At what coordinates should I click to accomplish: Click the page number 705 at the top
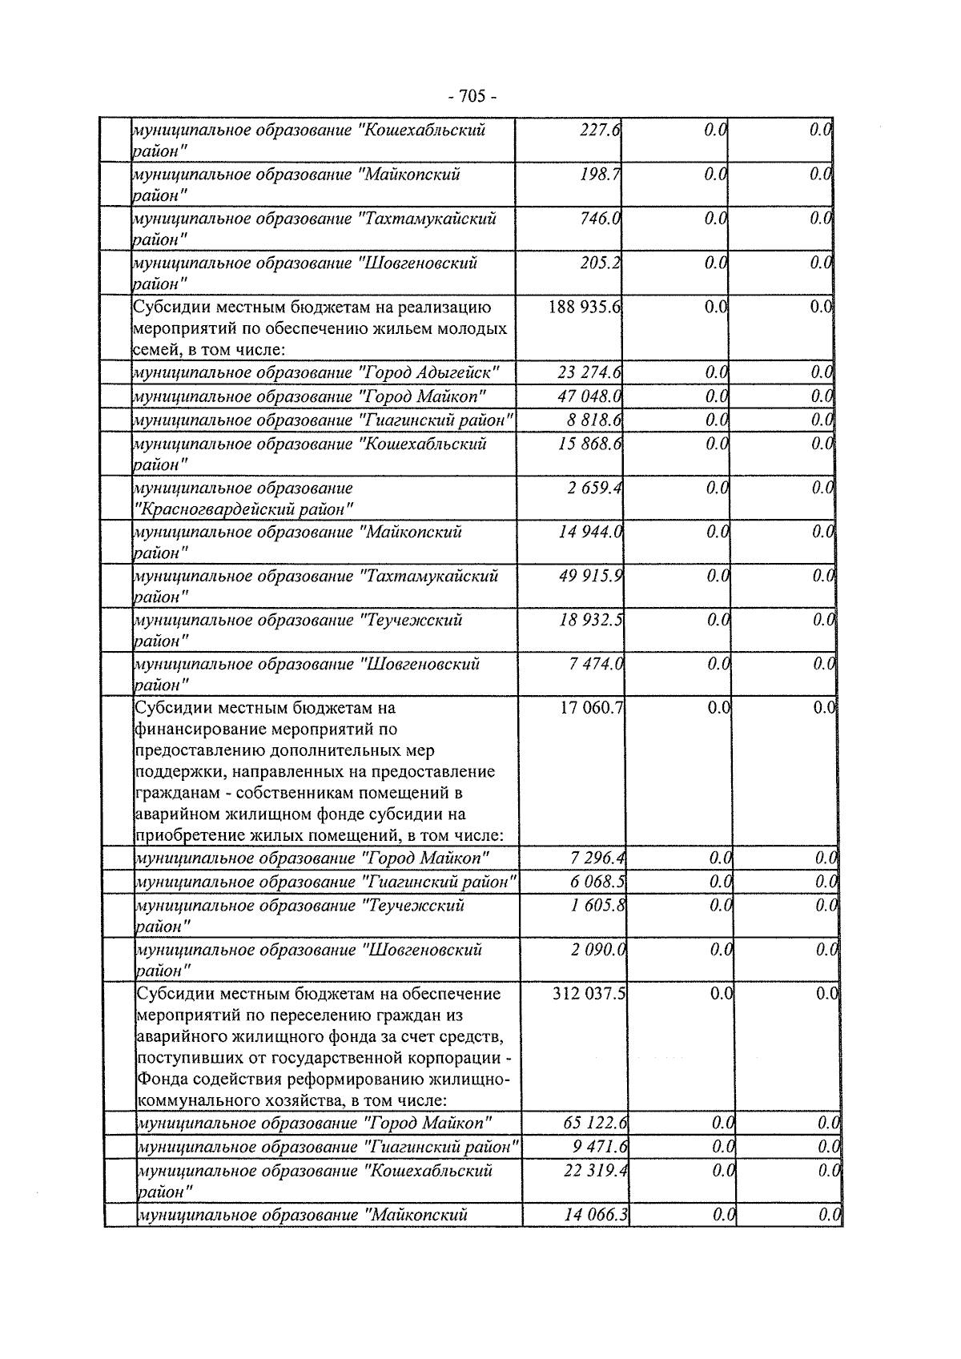click(x=472, y=97)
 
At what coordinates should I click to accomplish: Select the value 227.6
click(x=601, y=130)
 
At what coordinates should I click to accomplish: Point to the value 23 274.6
click(x=590, y=372)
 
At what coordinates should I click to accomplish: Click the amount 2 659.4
click(x=596, y=488)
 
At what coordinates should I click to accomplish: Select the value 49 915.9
click(x=592, y=576)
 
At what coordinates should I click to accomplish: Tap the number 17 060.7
click(x=592, y=708)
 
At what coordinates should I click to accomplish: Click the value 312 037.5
click(x=589, y=994)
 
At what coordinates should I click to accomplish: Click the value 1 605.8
click(x=597, y=906)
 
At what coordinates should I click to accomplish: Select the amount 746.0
click(x=601, y=218)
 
